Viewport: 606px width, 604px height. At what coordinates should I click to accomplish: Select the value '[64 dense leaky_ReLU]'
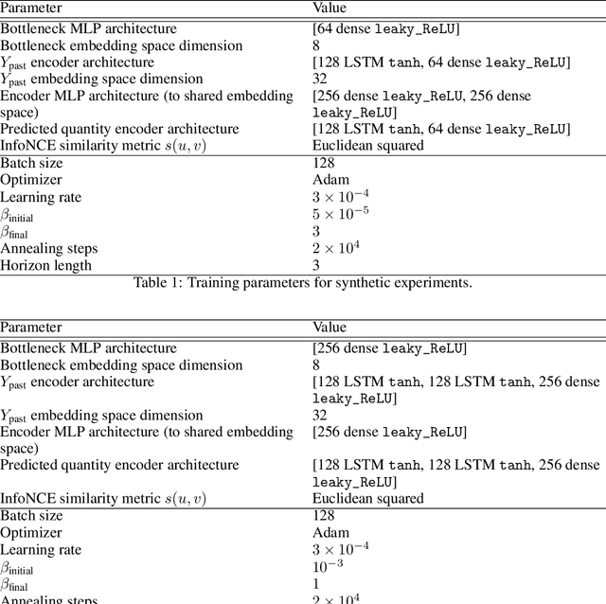[385, 29]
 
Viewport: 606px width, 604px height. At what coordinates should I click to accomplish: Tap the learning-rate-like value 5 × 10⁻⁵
[341, 213]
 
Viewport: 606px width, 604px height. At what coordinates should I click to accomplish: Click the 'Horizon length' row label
[46, 265]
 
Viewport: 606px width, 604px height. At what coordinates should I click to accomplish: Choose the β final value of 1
[316, 583]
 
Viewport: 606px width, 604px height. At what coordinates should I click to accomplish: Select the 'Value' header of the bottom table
[330, 327]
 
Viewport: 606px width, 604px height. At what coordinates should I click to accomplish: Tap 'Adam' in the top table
[330, 179]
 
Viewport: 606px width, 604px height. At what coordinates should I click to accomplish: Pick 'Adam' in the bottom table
[330, 532]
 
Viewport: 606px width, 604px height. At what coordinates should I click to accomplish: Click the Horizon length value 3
[316, 265]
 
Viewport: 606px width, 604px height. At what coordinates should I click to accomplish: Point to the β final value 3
[316, 231]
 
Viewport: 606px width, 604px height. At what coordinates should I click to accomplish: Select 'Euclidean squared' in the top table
[368, 145]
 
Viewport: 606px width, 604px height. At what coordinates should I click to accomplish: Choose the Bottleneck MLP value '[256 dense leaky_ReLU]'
[389, 347]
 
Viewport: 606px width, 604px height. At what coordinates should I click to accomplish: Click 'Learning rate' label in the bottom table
[41, 549]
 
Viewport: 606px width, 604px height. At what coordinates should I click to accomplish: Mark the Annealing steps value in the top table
[335, 248]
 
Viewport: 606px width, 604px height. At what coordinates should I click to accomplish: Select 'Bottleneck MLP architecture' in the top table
[88, 29]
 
